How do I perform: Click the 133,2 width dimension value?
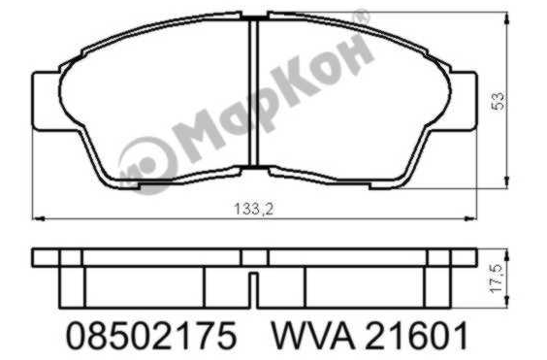(253, 210)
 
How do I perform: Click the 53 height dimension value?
(498, 101)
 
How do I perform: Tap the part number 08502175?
(151, 336)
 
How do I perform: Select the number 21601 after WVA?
(416, 336)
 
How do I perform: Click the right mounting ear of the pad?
(463, 101)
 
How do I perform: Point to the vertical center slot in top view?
(254, 92)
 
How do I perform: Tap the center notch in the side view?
(253, 290)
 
